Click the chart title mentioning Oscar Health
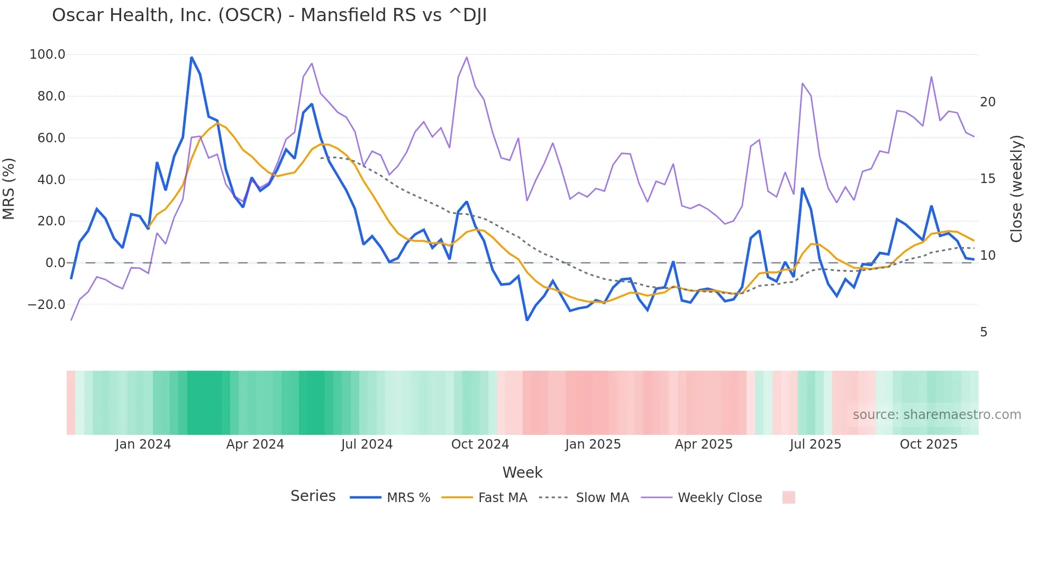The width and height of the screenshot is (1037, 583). click(x=269, y=15)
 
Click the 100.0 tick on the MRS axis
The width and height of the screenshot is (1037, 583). click(x=48, y=54)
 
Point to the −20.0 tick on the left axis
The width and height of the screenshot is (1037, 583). click(x=47, y=305)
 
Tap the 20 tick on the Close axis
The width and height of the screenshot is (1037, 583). click(x=987, y=102)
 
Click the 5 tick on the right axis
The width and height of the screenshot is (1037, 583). click(x=984, y=332)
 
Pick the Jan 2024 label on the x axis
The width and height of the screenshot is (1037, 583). click(x=143, y=444)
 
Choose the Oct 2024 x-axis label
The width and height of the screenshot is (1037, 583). click(x=480, y=444)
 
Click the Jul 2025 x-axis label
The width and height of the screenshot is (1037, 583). click(x=815, y=444)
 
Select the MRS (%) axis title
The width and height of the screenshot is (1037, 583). click(x=9, y=188)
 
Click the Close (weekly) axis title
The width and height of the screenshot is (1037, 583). click(x=1016, y=188)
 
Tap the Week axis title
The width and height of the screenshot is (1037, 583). click(x=522, y=472)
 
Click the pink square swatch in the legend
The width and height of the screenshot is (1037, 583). click(x=788, y=497)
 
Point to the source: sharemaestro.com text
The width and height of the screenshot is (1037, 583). click(x=936, y=415)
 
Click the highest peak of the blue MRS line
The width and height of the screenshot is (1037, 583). click(x=192, y=57)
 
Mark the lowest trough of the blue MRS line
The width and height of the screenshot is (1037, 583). click(x=527, y=320)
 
